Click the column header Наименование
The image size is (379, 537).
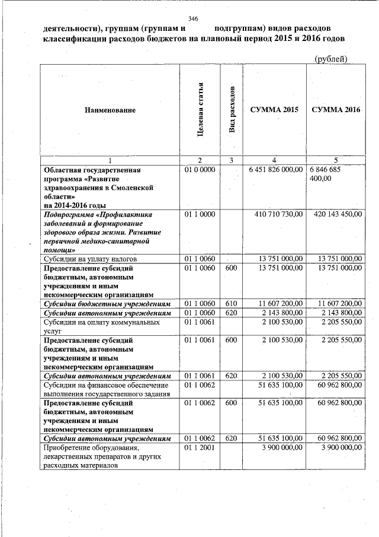pyautogui.click(x=110, y=110)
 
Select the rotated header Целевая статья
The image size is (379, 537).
pyautogui.click(x=201, y=110)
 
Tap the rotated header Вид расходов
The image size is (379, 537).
pyautogui.click(x=232, y=110)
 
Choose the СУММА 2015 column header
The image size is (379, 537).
pyautogui.click(x=274, y=110)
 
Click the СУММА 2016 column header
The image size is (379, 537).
pyautogui.click(x=336, y=110)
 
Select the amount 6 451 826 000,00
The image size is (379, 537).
pyautogui.click(x=274, y=170)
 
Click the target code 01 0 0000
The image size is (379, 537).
pyautogui.click(x=200, y=170)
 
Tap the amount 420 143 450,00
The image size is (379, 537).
pyautogui.click(x=335, y=214)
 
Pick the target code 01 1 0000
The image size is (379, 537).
pyautogui.click(x=200, y=214)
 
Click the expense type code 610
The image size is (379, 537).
pyautogui.click(x=232, y=303)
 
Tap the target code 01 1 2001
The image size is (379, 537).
pyautogui.click(x=200, y=447)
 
